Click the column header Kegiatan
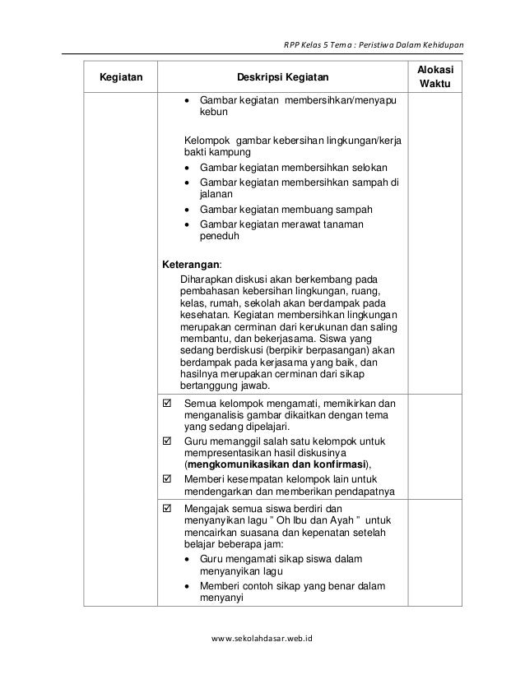pos(120,78)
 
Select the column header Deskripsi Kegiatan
pos(282,78)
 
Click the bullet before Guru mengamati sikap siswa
pos(189,559)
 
